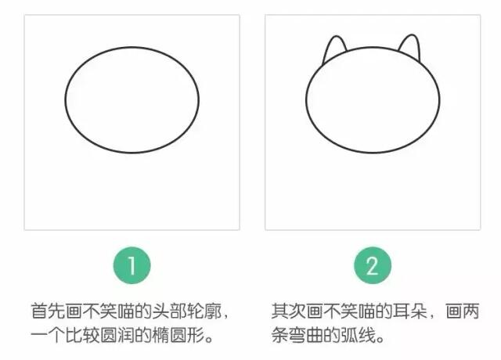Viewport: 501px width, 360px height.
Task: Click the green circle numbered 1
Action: [132, 266]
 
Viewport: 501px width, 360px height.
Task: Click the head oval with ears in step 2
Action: [373, 101]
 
